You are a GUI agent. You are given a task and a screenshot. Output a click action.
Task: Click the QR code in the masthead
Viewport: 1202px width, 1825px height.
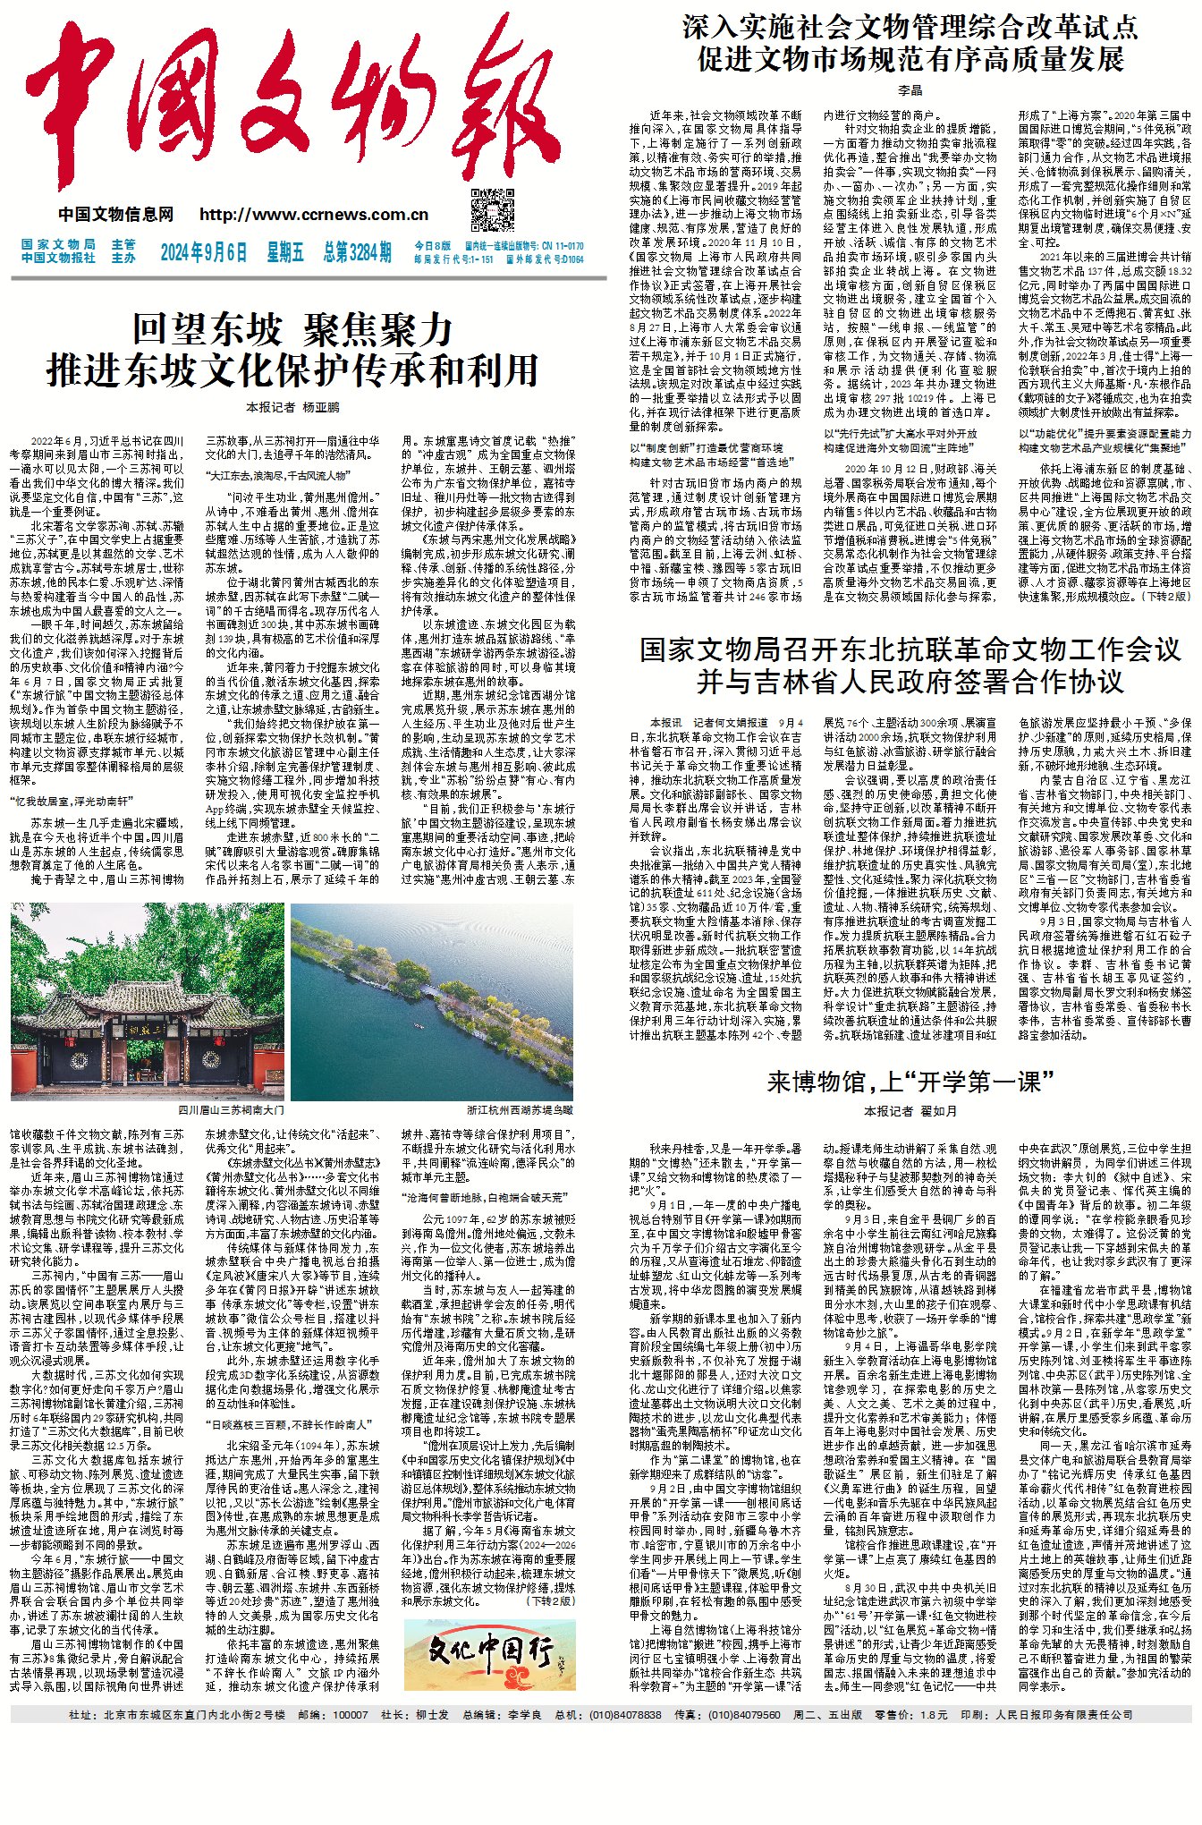pyautogui.click(x=493, y=209)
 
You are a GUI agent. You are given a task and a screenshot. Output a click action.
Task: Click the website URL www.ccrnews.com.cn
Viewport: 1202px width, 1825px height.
pyautogui.click(x=314, y=215)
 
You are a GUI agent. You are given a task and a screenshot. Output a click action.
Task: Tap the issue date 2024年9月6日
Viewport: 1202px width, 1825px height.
pyautogui.click(x=204, y=252)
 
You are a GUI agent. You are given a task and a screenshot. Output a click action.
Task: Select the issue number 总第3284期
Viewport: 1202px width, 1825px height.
pyautogui.click(x=357, y=252)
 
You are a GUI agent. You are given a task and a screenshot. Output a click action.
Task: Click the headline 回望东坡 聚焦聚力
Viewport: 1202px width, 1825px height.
pyautogui.click(x=292, y=330)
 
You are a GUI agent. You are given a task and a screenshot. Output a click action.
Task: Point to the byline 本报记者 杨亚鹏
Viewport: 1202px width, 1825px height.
pyautogui.click(x=292, y=407)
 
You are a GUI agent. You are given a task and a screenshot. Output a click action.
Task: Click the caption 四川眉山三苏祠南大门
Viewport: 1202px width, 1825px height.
pyautogui.click(x=232, y=1110)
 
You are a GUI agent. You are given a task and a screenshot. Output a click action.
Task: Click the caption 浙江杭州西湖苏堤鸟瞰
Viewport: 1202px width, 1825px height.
pyautogui.click(x=520, y=1110)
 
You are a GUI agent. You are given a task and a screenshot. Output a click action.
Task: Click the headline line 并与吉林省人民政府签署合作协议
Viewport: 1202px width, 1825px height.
pyautogui.click(x=910, y=682)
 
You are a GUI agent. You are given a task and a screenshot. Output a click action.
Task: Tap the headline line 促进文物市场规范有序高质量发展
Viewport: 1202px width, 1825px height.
pyautogui.click(x=910, y=59)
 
